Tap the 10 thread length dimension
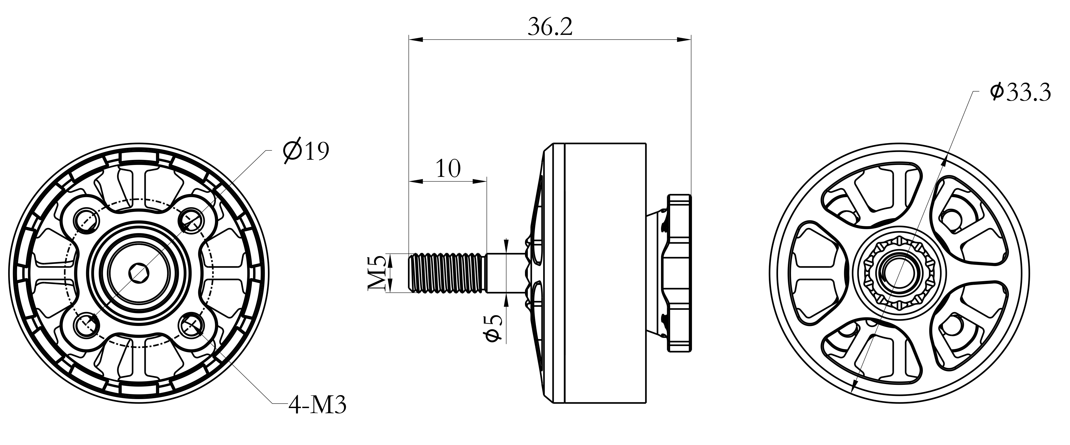(448, 168)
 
